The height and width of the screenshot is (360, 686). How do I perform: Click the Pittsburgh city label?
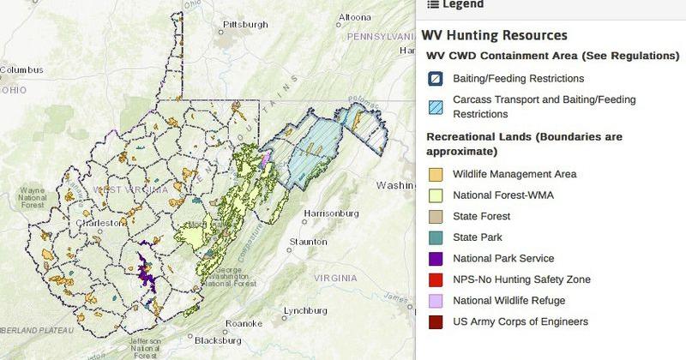pos(239,24)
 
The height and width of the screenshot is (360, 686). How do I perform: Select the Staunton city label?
pos(308,243)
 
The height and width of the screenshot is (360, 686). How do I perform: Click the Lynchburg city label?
pos(306,310)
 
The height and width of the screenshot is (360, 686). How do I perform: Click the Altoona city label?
pos(354,16)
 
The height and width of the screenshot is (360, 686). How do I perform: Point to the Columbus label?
pos(21,69)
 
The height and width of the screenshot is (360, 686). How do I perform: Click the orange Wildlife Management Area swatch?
pos(436,175)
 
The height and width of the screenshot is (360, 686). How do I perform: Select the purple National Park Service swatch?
pos(436,259)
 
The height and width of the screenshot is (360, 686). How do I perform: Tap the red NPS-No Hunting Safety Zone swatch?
pos(436,279)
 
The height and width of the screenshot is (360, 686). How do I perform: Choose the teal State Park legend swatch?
pos(436,237)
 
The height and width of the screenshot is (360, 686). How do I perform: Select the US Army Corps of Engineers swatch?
pos(436,322)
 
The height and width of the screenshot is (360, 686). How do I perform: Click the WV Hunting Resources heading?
pos(494,36)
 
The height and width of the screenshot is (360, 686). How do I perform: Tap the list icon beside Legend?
pos(432,4)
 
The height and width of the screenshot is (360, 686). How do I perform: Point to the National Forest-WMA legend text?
pos(502,195)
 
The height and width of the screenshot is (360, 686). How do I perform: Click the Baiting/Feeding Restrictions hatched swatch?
pos(436,79)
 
